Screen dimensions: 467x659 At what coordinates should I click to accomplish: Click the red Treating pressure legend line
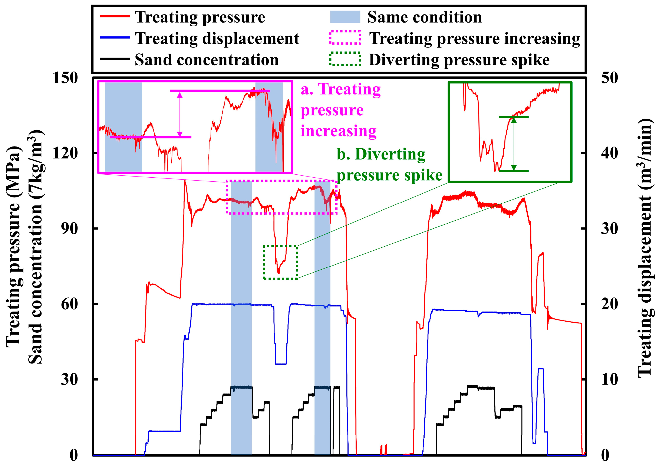(x=115, y=16)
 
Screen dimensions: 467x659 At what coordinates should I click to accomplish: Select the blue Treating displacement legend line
(x=115, y=38)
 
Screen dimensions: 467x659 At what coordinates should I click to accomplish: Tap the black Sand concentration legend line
(x=115, y=59)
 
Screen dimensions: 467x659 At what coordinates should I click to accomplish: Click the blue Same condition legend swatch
(x=345, y=17)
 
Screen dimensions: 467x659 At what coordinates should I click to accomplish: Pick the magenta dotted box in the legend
(x=345, y=38)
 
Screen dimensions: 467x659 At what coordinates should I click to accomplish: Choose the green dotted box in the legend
(x=345, y=59)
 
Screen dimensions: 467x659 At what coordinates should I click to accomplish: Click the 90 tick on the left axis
(x=69, y=229)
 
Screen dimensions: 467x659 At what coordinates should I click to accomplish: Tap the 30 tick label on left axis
(x=69, y=379)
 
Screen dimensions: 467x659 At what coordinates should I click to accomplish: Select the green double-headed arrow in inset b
(x=514, y=144)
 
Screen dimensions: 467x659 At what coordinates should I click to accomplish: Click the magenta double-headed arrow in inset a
(x=180, y=114)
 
